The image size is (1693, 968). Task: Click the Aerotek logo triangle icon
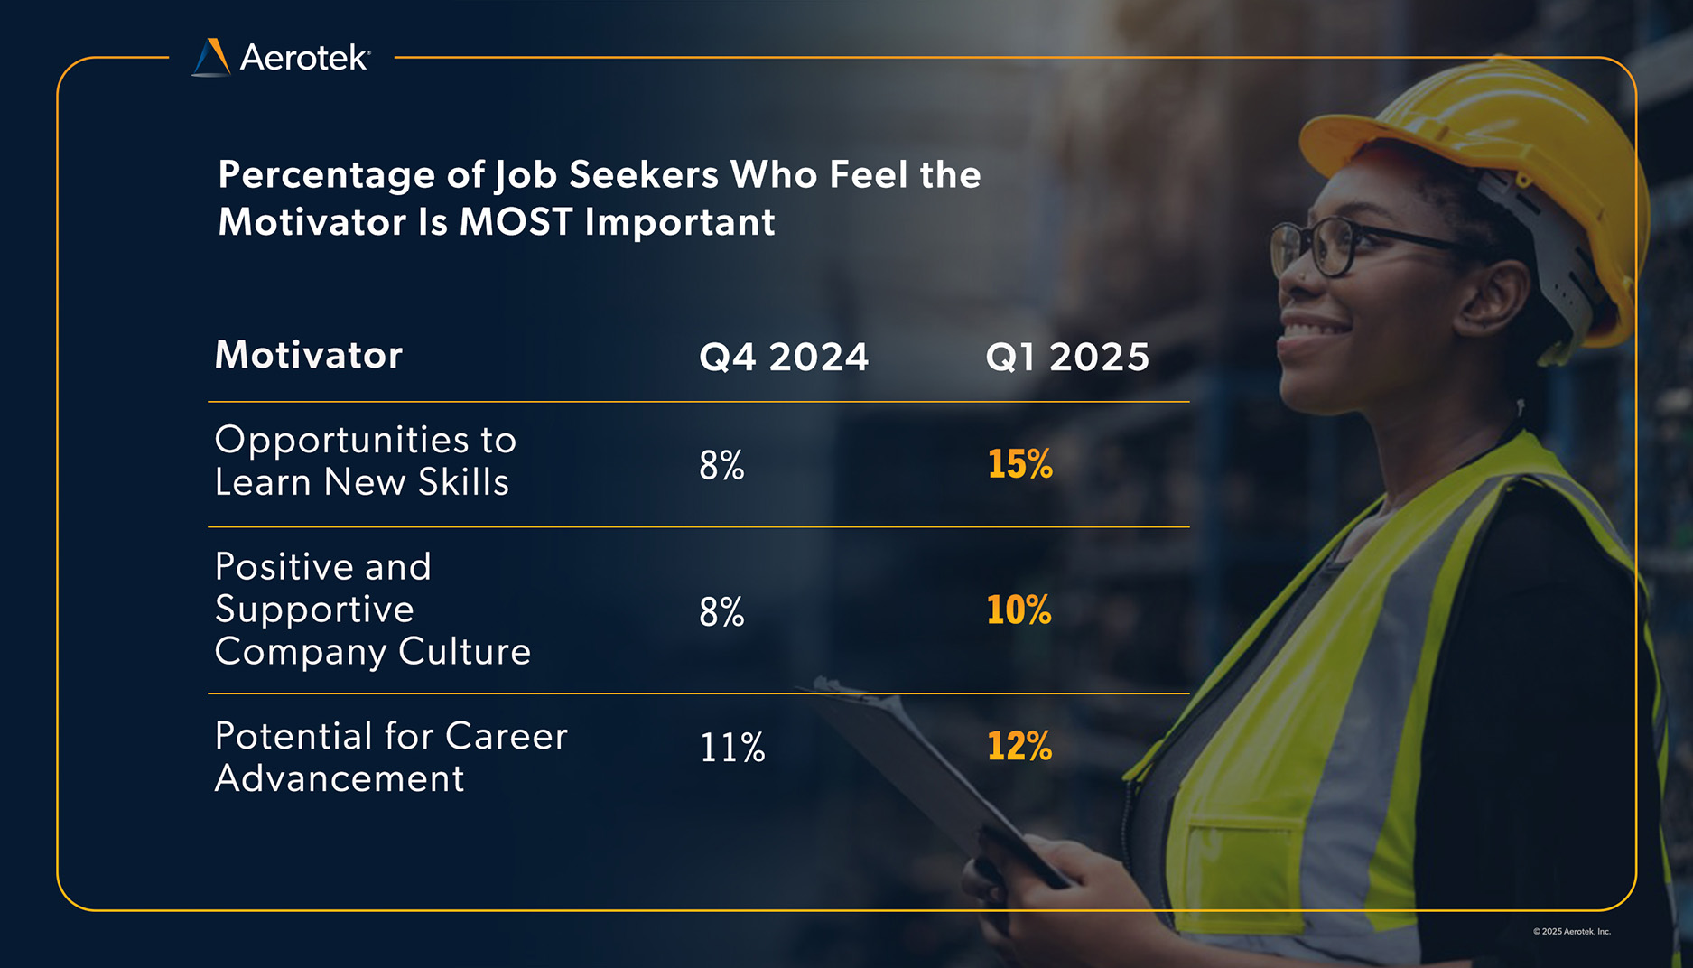click(211, 58)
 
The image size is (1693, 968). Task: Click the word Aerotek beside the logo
click(304, 58)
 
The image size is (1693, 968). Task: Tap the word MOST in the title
click(516, 222)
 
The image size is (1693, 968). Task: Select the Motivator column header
click(309, 355)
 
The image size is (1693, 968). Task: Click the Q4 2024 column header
click(784, 357)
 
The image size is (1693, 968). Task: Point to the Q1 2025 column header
click(1067, 357)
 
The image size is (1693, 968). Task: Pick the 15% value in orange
click(1019, 464)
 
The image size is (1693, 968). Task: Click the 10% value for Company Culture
click(1019, 610)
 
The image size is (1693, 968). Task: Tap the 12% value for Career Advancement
click(1019, 746)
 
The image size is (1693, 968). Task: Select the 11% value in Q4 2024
click(732, 748)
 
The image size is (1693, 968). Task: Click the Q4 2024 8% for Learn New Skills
click(721, 465)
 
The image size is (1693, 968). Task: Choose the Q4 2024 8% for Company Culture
click(721, 612)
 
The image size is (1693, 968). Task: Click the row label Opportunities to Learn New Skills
click(365, 461)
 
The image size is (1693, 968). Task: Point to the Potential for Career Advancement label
click(390, 757)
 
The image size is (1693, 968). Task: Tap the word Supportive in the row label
click(314, 610)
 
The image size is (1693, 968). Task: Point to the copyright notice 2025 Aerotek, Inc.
click(1571, 931)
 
